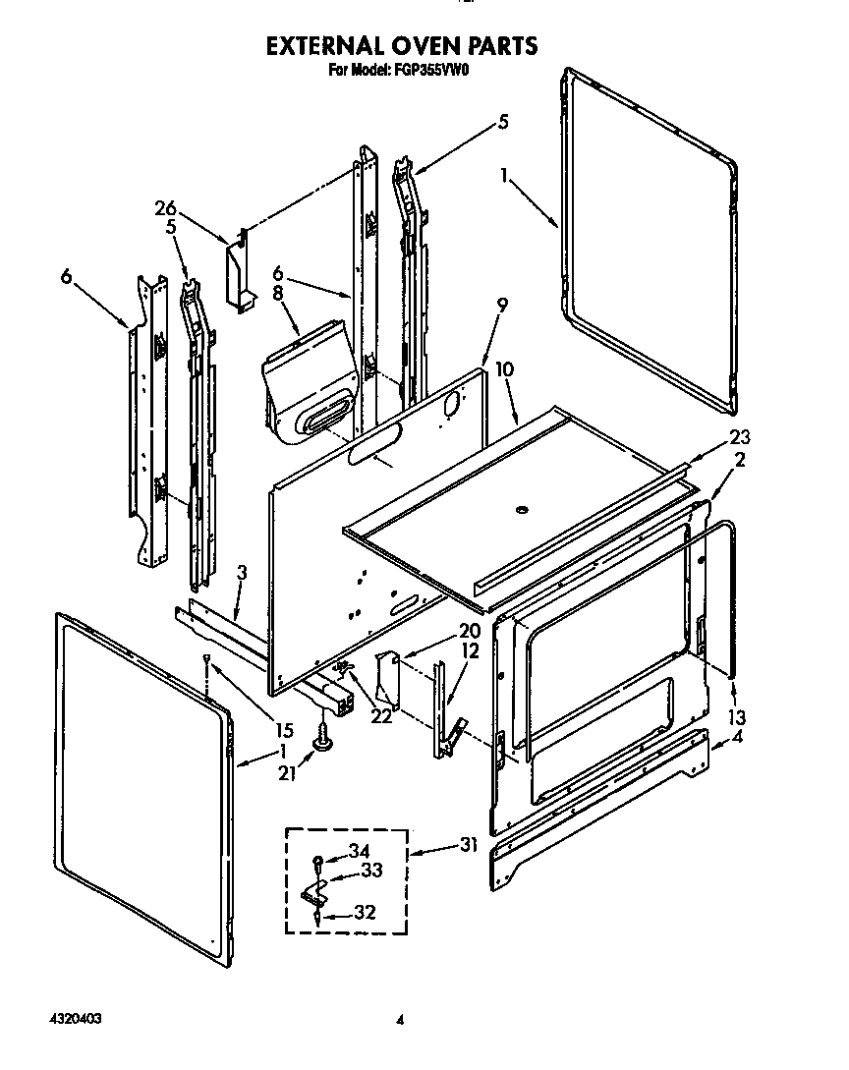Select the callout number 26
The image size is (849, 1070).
(x=165, y=208)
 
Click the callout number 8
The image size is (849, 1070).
(x=277, y=292)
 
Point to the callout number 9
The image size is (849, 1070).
(x=502, y=306)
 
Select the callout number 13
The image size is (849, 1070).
(x=737, y=716)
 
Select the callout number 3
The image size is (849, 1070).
(x=242, y=572)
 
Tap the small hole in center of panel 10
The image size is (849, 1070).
(x=522, y=509)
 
